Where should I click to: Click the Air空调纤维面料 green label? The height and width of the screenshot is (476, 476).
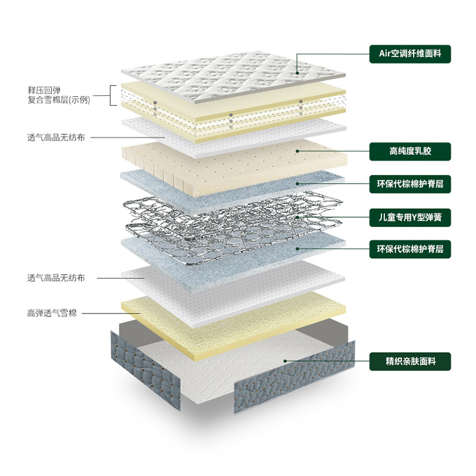410,54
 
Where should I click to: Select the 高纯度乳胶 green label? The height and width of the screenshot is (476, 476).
410,151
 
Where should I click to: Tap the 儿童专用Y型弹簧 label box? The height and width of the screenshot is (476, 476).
410,217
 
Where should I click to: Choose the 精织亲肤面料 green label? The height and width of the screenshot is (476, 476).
410,361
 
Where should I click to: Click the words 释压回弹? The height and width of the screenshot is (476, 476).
44,90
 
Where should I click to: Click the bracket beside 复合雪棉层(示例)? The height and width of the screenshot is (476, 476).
112,95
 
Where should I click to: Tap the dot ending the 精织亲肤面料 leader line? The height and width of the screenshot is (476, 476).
286,361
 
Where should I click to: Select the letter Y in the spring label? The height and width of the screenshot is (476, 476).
414,217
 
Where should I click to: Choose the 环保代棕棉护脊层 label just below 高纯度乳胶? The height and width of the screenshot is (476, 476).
410,184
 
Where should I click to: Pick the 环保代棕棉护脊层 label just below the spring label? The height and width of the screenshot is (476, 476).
410,249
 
